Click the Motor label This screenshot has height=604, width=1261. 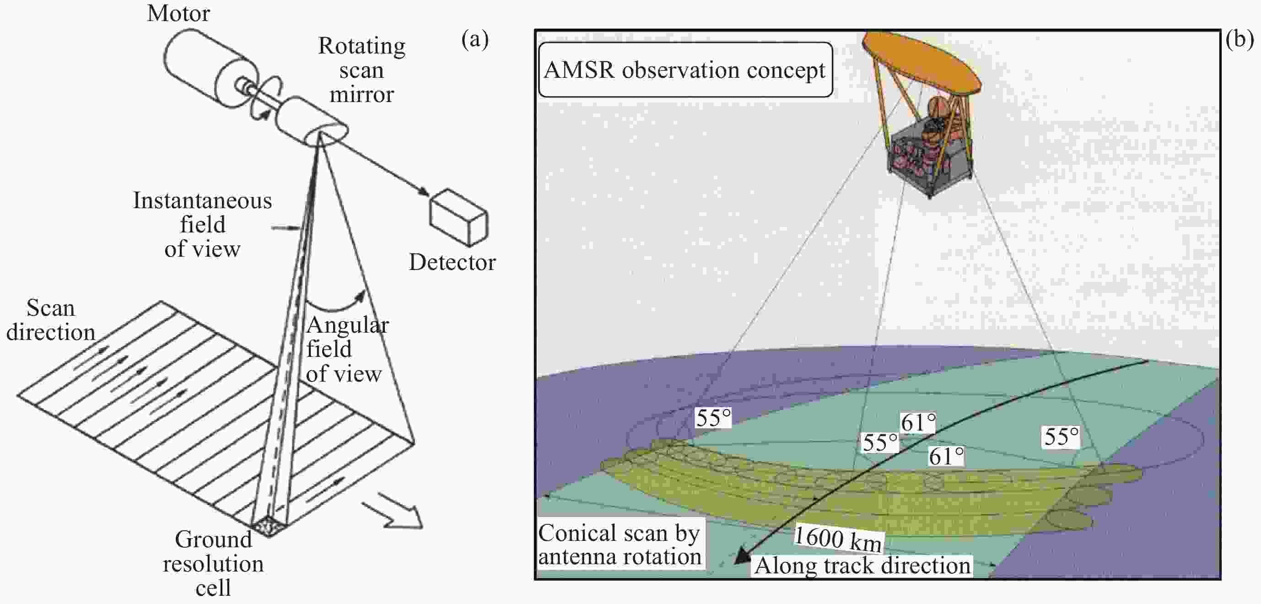(178, 13)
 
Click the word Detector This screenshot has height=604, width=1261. (452, 262)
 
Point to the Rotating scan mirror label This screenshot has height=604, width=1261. (362, 70)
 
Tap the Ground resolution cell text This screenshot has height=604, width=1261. (213, 563)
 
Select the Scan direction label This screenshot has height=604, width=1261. (50, 320)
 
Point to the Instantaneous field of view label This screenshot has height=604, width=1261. (202, 225)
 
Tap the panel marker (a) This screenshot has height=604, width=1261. (474, 39)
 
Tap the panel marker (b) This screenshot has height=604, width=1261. (1239, 39)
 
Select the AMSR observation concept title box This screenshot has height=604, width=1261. (685, 70)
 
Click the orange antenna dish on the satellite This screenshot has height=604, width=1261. (921, 62)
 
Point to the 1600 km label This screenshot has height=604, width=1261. (838, 538)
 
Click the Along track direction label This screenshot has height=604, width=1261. (862, 565)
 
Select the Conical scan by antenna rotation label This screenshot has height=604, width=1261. (620, 544)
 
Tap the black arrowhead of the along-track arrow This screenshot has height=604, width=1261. (743, 556)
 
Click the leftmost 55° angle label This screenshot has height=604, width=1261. (713, 417)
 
